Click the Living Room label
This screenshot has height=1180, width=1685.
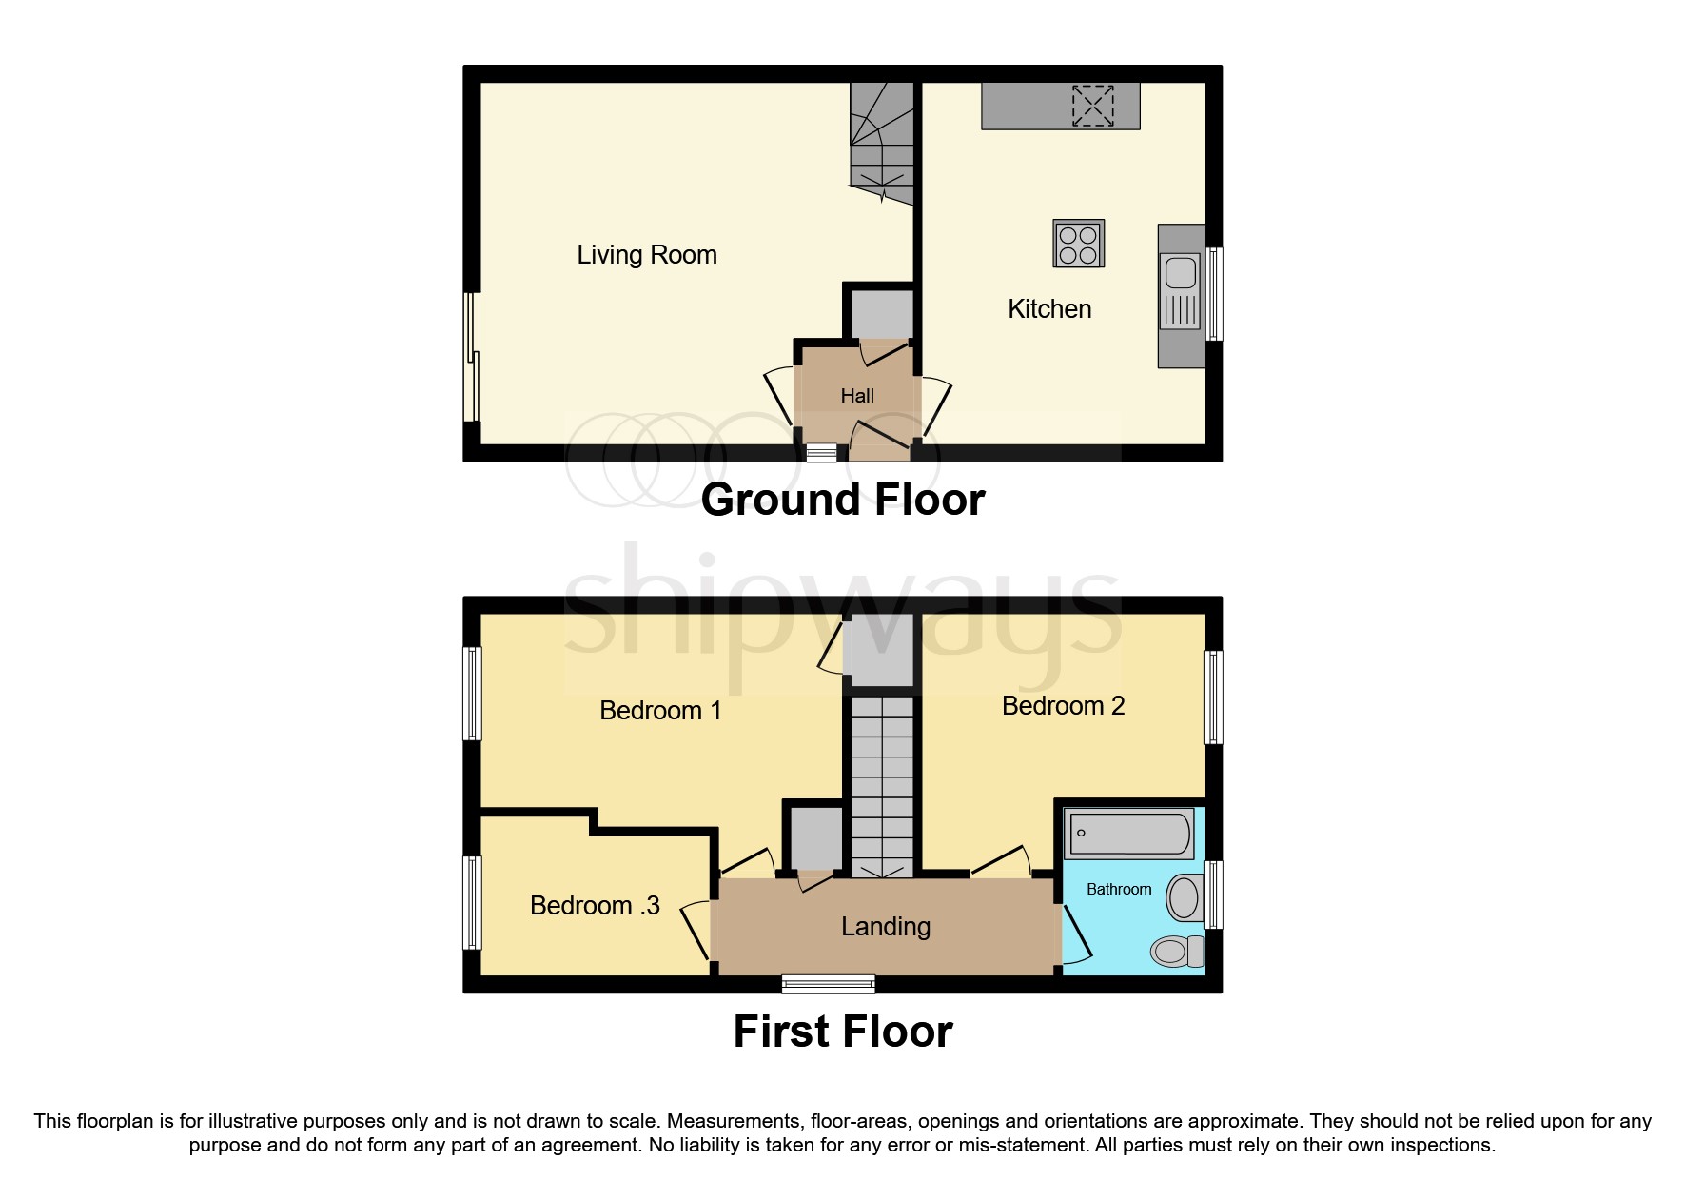pyautogui.click(x=647, y=255)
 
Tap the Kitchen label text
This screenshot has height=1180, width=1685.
pyautogui.click(x=1049, y=309)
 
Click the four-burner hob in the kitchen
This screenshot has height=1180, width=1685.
pyautogui.click(x=1078, y=244)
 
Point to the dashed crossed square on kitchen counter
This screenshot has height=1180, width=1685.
pyautogui.click(x=1092, y=106)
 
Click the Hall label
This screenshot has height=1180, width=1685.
pyautogui.click(x=857, y=396)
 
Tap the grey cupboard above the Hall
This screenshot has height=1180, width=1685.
pyautogui.click(x=881, y=314)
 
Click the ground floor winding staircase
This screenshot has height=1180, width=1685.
pyautogui.click(x=882, y=143)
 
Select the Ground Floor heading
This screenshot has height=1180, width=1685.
pyautogui.click(x=842, y=500)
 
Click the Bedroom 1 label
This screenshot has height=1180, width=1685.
pyautogui.click(x=660, y=711)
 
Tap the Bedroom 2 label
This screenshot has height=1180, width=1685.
pyautogui.click(x=1063, y=706)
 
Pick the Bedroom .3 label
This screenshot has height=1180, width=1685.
pyautogui.click(x=595, y=906)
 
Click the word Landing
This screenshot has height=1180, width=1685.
pyautogui.click(x=886, y=927)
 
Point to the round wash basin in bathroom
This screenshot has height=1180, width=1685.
pyautogui.click(x=1184, y=897)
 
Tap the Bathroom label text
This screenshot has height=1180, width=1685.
pyautogui.click(x=1119, y=889)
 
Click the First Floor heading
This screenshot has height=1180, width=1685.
pyautogui.click(x=842, y=1032)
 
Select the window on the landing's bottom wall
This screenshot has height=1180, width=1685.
pyautogui.click(x=828, y=984)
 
